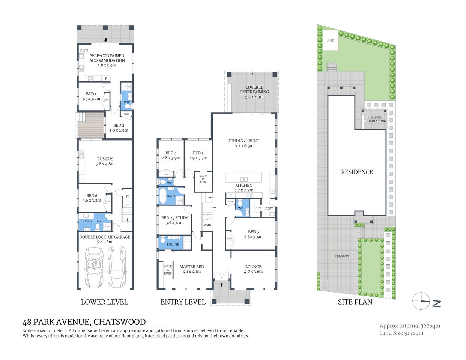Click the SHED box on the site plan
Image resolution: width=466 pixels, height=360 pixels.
coord(331,40)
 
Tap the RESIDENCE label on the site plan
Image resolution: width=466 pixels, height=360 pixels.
coord(357,172)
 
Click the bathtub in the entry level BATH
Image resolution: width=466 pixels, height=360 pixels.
coord(162,196)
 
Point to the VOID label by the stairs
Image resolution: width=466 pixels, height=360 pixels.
coord(207,225)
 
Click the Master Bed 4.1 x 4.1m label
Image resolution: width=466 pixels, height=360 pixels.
coord(192,269)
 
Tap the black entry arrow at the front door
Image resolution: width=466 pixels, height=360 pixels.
coord(221,284)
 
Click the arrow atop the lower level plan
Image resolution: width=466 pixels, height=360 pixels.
coord(106,40)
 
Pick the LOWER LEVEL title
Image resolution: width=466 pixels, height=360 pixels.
coord(104,302)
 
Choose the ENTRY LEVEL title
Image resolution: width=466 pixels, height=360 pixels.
coord(183,302)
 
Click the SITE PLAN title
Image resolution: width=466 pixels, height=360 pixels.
coord(355,302)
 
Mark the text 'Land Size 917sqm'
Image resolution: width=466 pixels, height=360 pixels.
coord(401,333)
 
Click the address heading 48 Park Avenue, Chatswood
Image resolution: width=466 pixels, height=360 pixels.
coord(84,322)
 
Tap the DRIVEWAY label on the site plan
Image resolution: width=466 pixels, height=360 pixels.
coord(342,256)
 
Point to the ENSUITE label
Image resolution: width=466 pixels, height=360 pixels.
coord(173,244)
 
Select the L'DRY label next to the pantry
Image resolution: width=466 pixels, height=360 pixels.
coord(269,208)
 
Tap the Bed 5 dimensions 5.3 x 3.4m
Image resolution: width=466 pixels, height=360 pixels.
coord(253,237)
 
